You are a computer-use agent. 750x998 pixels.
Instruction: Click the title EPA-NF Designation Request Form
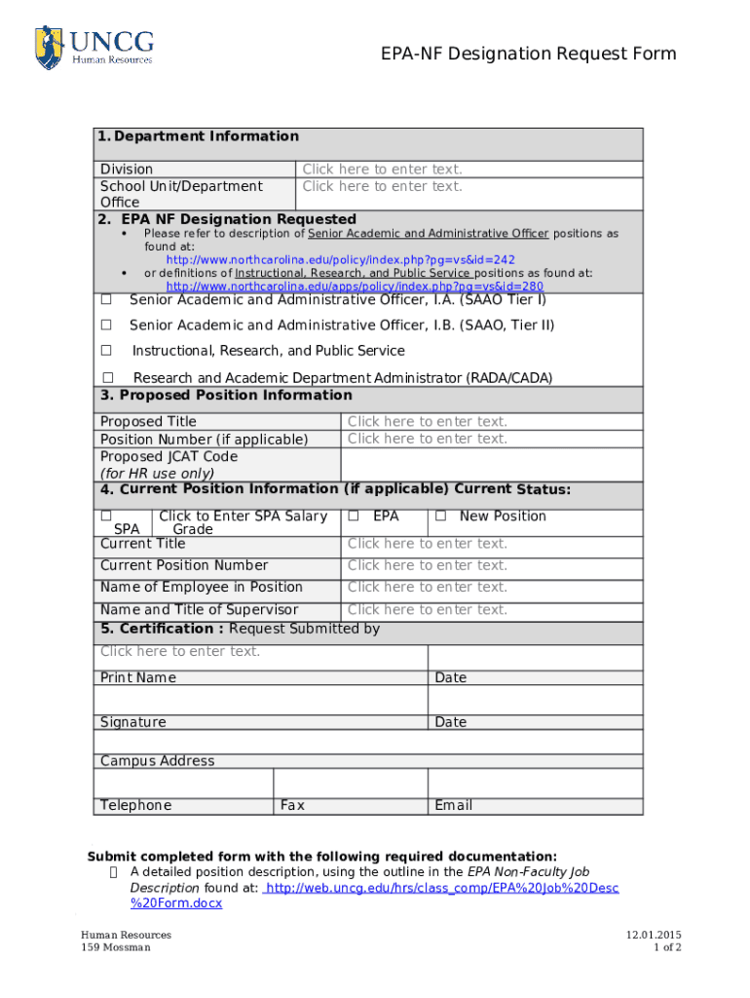tap(528, 54)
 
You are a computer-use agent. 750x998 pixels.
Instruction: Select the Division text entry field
tap(382, 170)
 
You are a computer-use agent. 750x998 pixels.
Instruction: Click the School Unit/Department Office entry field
tap(382, 186)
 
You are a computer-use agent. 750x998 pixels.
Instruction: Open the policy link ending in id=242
tap(340, 260)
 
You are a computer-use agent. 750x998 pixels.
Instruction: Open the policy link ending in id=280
tap(355, 287)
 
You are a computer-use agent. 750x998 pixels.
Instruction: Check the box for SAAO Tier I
tap(107, 300)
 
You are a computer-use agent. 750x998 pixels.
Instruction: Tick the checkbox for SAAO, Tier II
tap(107, 325)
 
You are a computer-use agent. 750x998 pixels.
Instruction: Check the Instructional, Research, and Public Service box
tap(107, 351)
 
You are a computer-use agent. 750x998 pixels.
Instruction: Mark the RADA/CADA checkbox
tap(108, 377)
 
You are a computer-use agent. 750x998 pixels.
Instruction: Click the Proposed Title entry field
tap(428, 422)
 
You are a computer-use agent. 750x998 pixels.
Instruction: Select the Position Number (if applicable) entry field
tap(428, 440)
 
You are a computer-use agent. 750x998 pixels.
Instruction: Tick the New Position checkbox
tap(440, 516)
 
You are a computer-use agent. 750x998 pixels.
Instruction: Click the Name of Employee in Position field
tap(428, 588)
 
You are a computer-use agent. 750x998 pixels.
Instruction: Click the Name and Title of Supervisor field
tap(428, 610)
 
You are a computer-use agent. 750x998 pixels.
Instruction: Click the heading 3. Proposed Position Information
tap(226, 396)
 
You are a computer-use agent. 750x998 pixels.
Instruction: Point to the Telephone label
tap(135, 805)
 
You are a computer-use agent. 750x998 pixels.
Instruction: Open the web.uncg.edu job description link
tap(441, 888)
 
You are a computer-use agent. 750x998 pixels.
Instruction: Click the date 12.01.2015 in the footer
tap(653, 935)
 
